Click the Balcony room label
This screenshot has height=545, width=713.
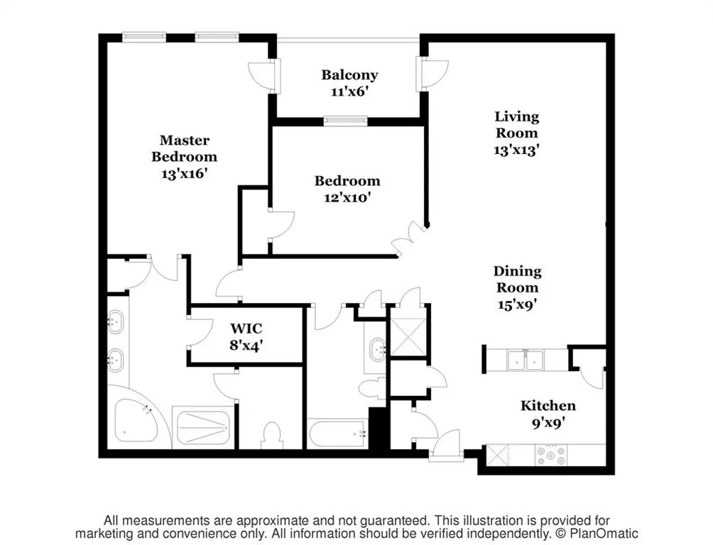point(349,75)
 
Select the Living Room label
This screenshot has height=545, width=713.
point(516,124)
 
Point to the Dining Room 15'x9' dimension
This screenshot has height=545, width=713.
point(517,304)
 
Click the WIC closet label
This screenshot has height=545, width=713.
point(246,329)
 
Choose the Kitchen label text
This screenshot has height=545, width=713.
point(548,406)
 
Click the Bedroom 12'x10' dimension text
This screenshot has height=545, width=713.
point(347,198)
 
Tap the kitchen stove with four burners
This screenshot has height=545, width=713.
point(550,454)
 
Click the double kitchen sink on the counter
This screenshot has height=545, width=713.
point(526,360)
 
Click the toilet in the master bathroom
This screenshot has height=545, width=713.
point(272,434)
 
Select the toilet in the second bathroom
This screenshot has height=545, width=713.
point(370,388)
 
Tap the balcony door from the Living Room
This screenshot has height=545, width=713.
point(432,73)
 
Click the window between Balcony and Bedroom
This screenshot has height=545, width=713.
point(345,121)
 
